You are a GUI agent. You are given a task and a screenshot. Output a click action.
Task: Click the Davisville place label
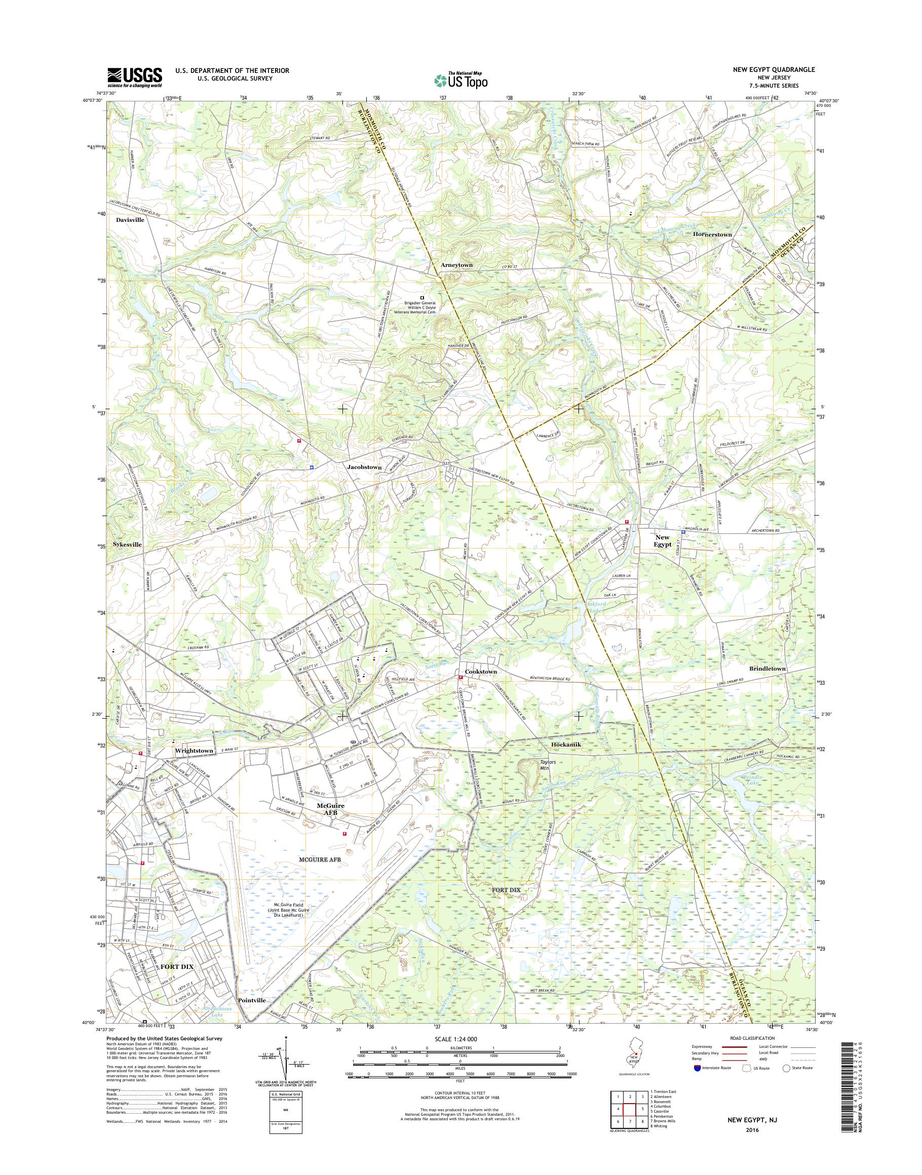(x=130, y=220)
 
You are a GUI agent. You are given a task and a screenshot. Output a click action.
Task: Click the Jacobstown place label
(x=364, y=467)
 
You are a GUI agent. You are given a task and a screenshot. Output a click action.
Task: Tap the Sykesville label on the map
(x=127, y=544)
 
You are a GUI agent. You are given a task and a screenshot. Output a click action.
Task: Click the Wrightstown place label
(x=195, y=751)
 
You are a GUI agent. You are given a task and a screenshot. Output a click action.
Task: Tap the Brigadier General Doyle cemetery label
(x=421, y=306)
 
